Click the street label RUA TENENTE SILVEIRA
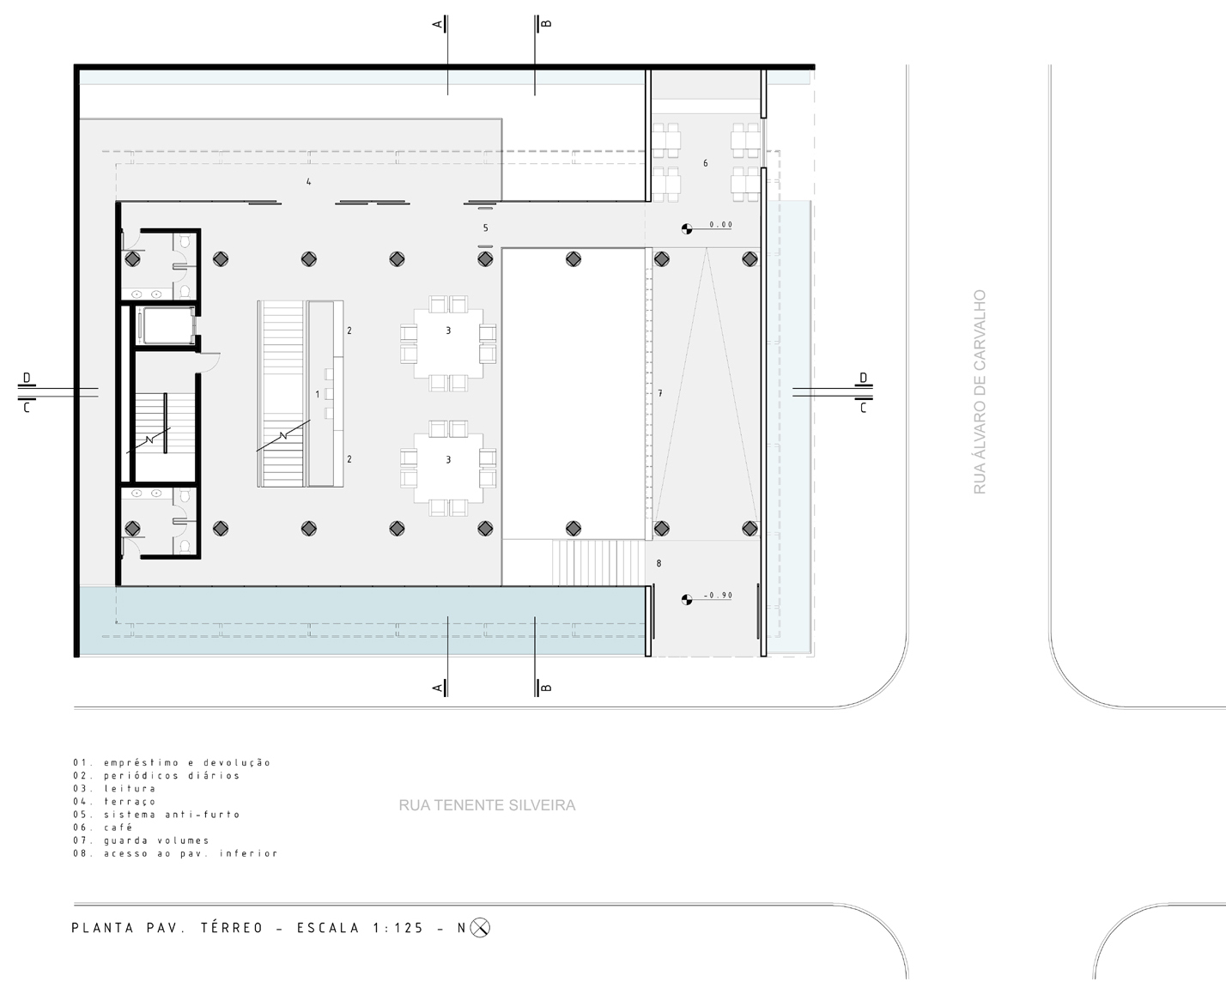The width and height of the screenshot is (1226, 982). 487,805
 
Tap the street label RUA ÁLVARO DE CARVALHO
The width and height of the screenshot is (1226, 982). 980,392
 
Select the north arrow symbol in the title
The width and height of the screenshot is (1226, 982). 480,928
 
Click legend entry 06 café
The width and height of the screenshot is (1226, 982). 102,827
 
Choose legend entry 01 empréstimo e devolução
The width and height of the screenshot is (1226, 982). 172,762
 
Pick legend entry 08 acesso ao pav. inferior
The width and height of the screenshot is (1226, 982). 175,853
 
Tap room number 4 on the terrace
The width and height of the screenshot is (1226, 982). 309,182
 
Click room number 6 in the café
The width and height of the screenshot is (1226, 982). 705,163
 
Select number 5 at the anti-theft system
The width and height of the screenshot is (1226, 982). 485,227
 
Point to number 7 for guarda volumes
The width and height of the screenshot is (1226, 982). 659,393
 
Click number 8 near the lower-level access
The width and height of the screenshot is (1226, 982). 659,563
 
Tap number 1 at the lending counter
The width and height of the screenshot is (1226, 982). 318,394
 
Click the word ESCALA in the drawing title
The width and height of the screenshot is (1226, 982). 328,928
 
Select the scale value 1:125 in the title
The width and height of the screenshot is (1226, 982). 398,928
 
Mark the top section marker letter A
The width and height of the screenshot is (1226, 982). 438,24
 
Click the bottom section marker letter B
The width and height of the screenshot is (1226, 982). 546,688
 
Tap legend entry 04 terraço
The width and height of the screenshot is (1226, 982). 114,802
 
